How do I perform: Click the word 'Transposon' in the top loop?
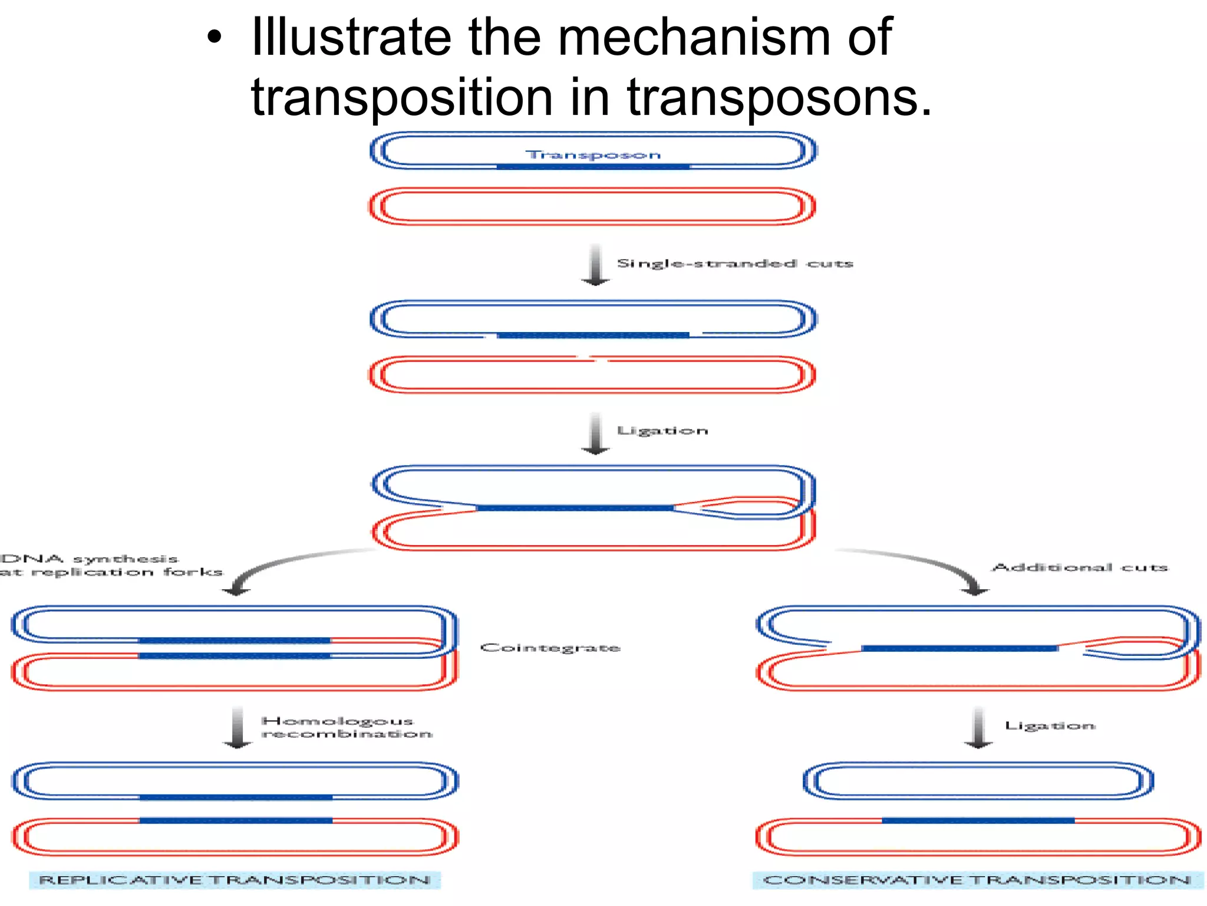coord(593,155)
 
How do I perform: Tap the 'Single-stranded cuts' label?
coord(735,263)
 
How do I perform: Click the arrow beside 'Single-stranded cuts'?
coord(596,265)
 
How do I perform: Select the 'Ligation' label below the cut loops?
coord(662,431)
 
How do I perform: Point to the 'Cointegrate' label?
coord(550,648)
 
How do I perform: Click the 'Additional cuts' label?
coord(1080,567)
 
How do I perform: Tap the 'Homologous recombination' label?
coord(347,727)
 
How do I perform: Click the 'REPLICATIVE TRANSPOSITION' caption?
coord(235,880)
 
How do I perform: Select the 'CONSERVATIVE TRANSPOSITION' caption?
coord(977,880)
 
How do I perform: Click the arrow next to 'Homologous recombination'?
coord(238,727)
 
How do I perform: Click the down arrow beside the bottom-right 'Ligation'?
coord(978,727)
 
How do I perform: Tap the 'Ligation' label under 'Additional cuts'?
coord(1050,726)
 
